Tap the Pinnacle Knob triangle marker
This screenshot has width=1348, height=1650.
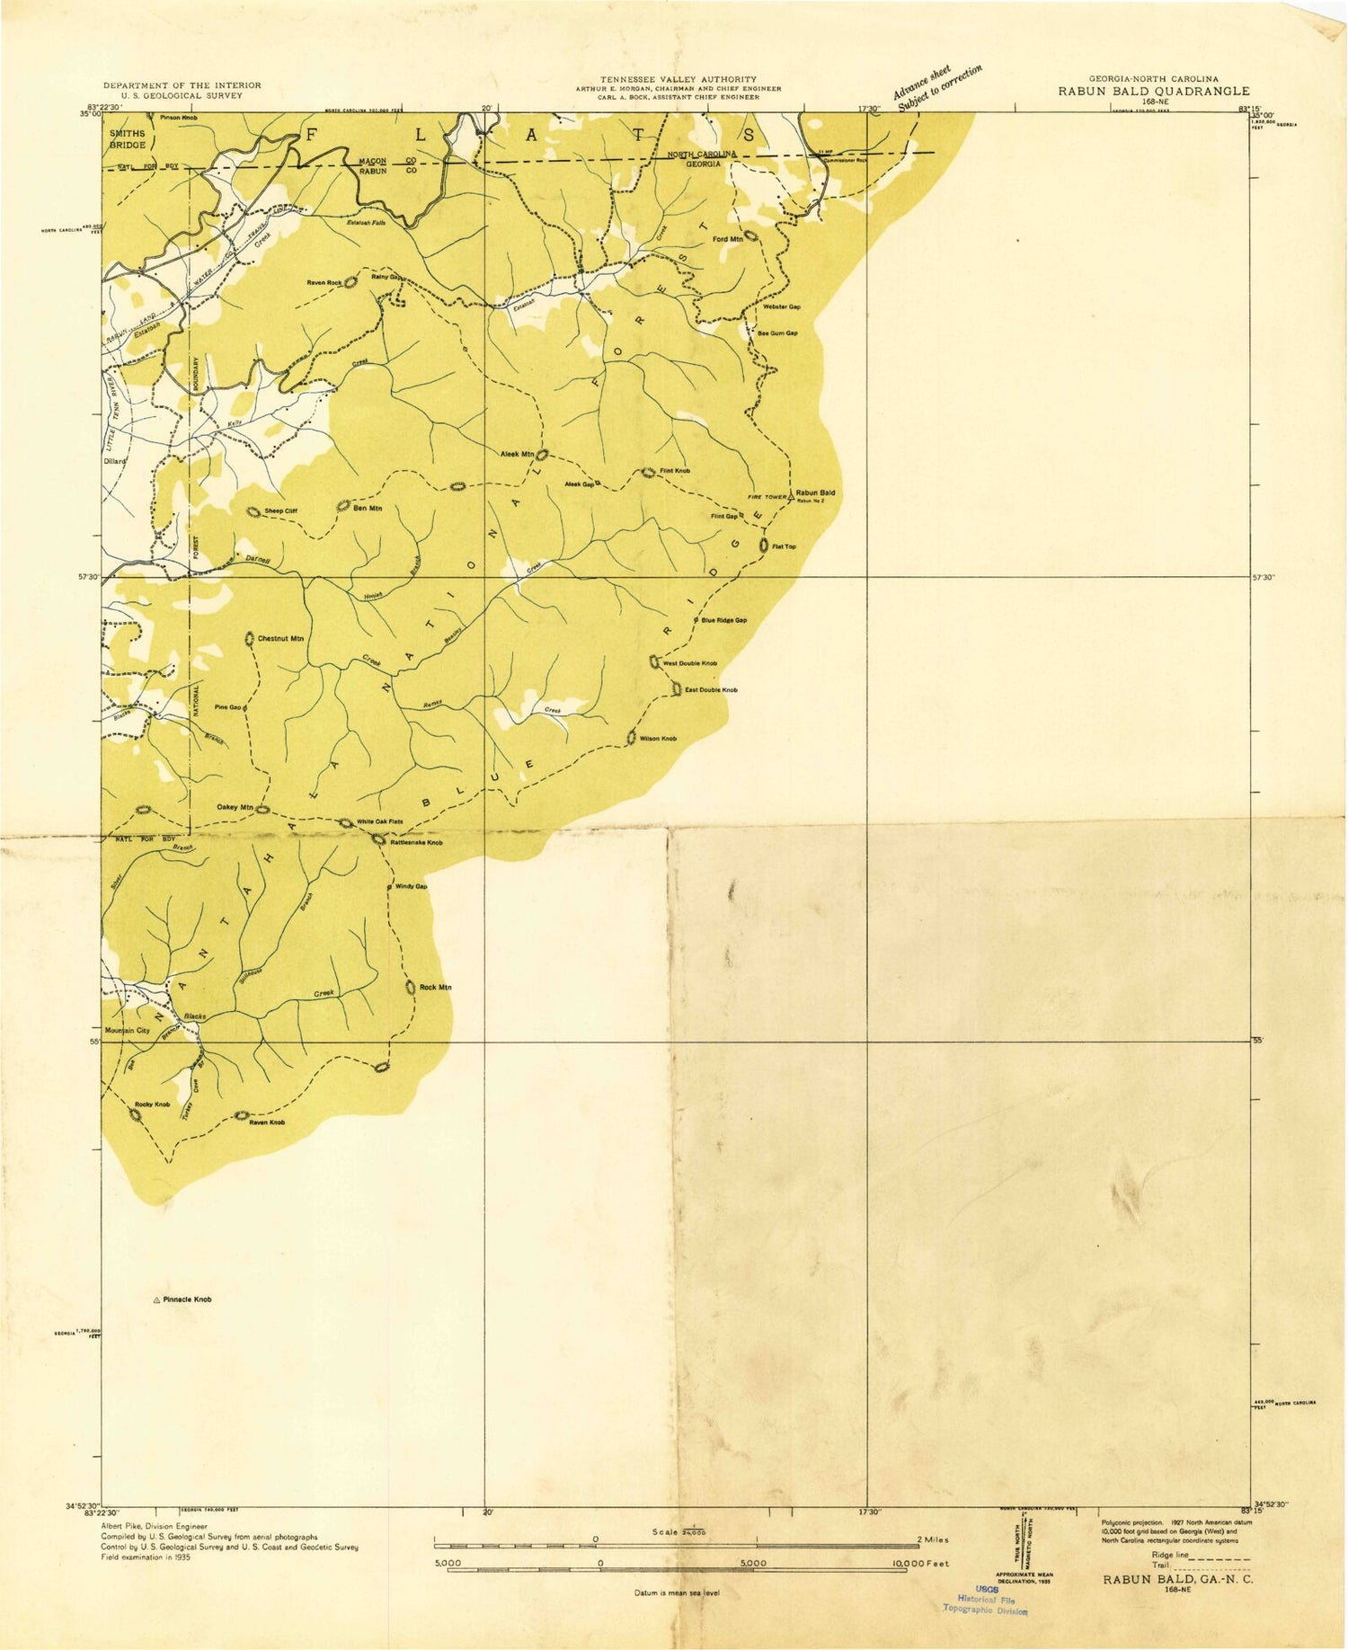click(x=156, y=1300)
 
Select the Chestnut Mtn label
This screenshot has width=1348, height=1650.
click(x=280, y=639)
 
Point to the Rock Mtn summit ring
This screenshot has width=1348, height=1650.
click(x=411, y=988)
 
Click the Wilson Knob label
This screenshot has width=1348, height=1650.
click(x=658, y=739)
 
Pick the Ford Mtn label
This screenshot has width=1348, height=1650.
click(x=727, y=239)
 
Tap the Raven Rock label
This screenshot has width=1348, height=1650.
click(x=324, y=283)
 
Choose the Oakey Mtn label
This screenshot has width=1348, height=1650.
click(x=235, y=807)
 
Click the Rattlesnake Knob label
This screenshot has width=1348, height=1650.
click(x=416, y=843)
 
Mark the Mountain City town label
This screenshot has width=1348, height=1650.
click(x=127, y=1030)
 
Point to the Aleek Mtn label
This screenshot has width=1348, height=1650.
click(x=517, y=454)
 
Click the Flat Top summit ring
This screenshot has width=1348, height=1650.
click(x=764, y=546)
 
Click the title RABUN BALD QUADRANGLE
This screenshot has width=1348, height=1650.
click(x=1153, y=91)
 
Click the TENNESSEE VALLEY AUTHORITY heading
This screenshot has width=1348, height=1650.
click(x=678, y=79)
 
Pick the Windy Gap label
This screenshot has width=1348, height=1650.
click(x=412, y=887)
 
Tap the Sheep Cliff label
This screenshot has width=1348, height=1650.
click(x=280, y=510)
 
